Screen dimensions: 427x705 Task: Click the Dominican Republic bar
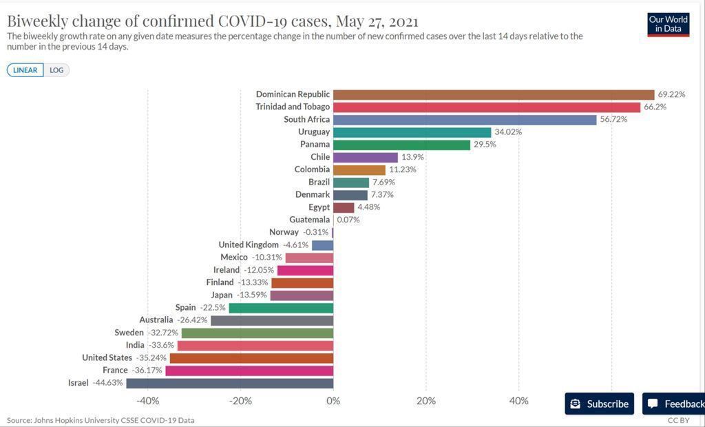coord(493,94)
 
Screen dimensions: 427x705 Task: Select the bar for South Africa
coord(465,119)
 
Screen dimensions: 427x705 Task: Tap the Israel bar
coord(229,383)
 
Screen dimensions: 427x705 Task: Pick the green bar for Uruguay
coord(412,132)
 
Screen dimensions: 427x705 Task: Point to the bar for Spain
coord(281,307)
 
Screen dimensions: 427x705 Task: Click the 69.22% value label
coord(672,94)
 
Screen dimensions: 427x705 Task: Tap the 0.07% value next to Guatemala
coord(348,220)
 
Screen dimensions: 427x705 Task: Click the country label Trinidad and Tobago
coord(293,107)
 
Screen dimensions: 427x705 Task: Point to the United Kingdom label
coord(249,244)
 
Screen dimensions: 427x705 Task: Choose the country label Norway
coord(284,232)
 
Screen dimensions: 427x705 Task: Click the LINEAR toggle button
coord(25,70)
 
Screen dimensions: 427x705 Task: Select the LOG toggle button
coord(56,70)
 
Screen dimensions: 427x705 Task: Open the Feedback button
coord(675,404)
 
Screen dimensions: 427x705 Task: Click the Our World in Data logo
coord(668,24)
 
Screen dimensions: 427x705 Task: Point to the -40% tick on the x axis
coord(147,401)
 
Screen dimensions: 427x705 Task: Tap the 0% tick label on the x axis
coord(333,401)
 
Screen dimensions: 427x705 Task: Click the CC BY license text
coord(678,420)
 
